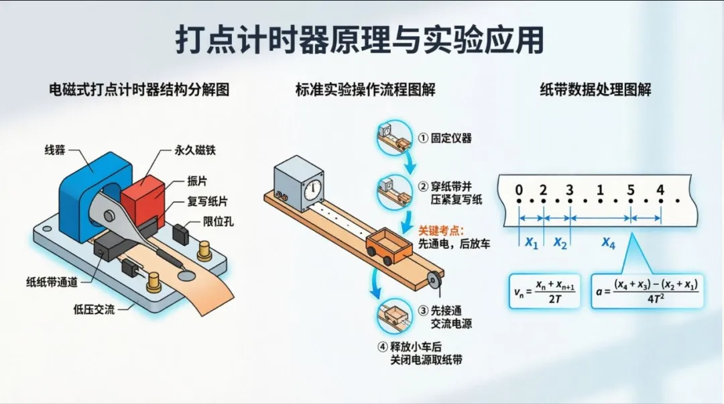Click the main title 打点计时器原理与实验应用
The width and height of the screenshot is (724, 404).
point(360,40)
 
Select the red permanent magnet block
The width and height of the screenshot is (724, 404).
point(142,198)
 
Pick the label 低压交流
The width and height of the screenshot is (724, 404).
point(95,309)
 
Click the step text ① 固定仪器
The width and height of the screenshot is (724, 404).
point(446,138)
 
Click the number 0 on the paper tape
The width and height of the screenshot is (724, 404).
point(518,191)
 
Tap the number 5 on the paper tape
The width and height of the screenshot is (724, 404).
point(631,191)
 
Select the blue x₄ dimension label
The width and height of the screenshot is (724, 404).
point(608,243)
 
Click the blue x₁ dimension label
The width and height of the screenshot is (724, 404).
point(532,243)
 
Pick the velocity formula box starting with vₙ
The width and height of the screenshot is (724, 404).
point(542,290)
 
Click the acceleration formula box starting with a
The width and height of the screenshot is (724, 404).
point(647,290)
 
